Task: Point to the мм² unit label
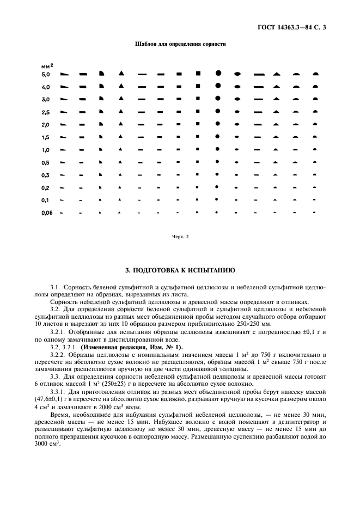47,65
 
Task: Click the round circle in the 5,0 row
218,73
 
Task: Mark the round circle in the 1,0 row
218,149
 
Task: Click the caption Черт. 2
180,236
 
